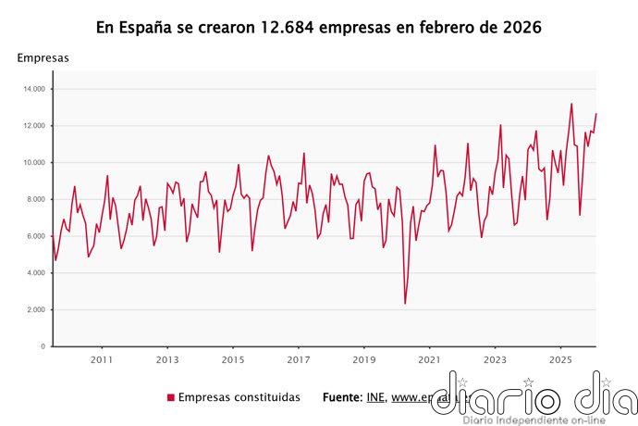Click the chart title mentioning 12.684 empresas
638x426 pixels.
[x=319, y=28]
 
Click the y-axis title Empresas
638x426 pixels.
[x=43, y=58]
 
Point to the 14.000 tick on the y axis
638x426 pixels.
[x=35, y=89]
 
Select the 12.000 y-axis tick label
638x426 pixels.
[x=35, y=126]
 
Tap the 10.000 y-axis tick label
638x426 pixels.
[x=35, y=163]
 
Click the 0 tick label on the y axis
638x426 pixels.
[x=43, y=346]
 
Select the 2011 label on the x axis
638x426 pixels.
[x=102, y=359]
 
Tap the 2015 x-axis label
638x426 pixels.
[x=233, y=359]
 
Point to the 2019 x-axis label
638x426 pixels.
[x=364, y=359]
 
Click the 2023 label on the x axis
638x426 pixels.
[x=496, y=359]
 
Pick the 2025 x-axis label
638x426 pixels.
[x=560, y=359]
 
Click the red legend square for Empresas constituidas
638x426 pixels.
[x=170, y=397]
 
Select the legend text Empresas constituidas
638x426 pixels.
[x=239, y=397]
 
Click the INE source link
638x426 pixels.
[x=374, y=397]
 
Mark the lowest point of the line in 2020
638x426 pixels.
[x=405, y=303]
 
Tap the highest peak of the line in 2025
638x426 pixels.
[x=571, y=104]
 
